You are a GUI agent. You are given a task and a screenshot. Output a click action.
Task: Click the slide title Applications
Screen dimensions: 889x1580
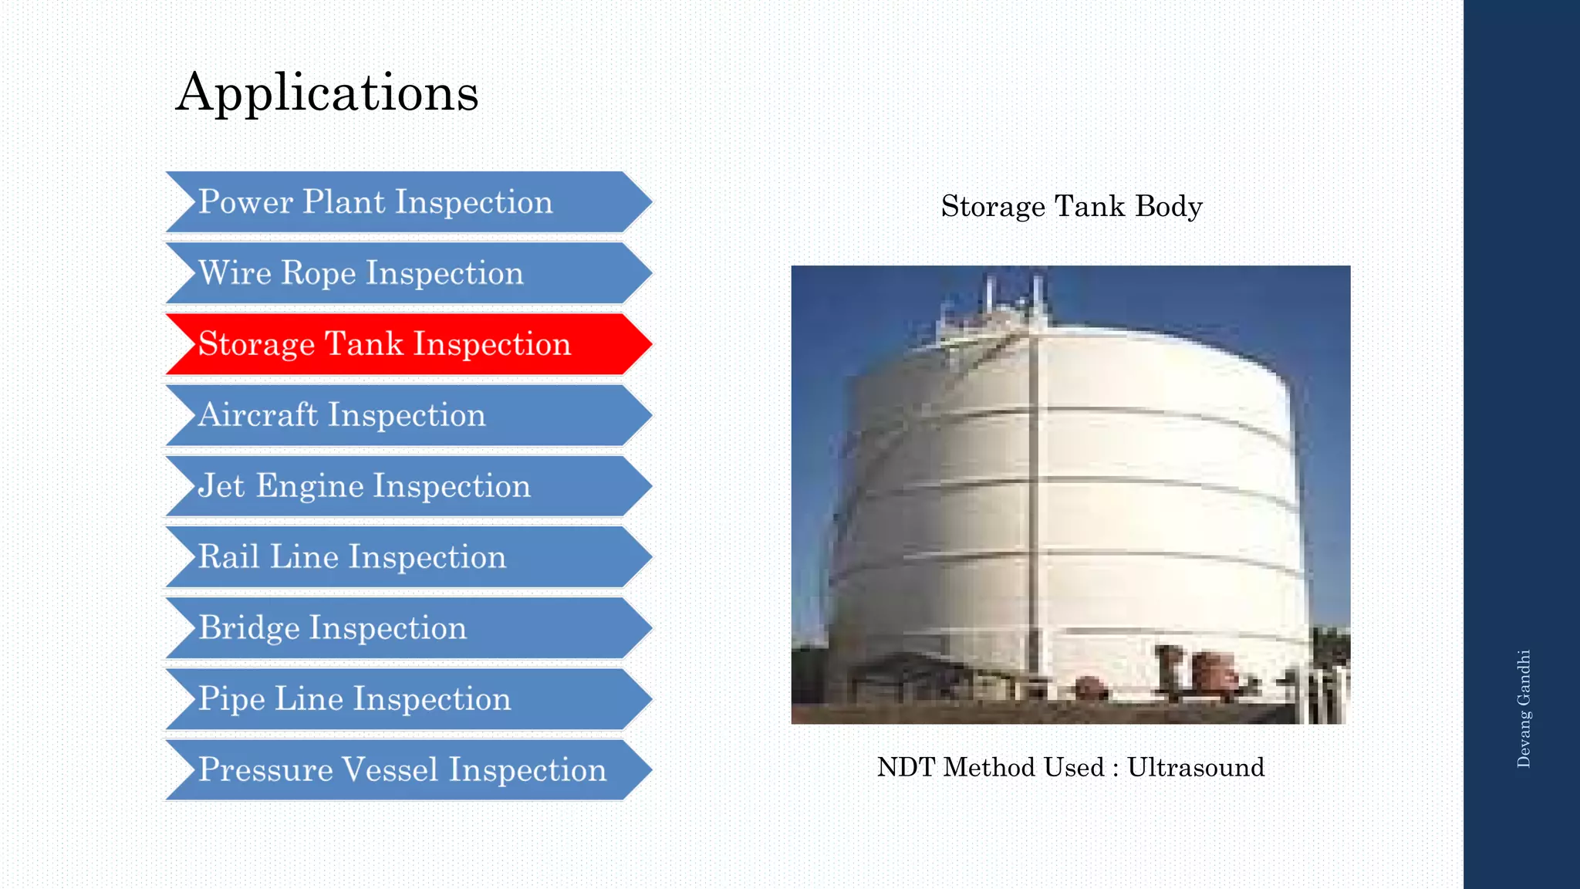tap(327, 93)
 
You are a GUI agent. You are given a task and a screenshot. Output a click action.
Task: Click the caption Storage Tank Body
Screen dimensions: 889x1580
tap(1071, 207)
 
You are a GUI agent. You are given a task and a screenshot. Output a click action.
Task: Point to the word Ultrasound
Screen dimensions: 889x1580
tap(1196, 767)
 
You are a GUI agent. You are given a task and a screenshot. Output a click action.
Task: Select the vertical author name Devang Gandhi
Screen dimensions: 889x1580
tap(1524, 708)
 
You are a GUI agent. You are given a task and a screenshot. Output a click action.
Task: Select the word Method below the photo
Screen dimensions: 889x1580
tap(990, 767)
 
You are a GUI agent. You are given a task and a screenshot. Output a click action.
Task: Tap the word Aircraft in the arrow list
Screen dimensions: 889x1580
tap(258, 415)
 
